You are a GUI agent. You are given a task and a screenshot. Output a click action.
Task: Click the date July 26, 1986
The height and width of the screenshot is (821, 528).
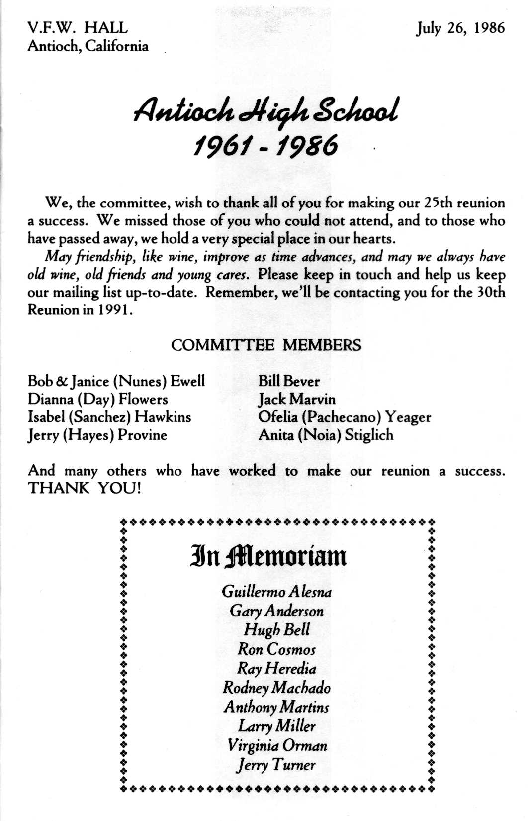coord(460,28)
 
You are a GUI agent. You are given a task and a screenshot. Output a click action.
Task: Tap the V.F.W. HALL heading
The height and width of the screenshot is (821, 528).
coord(78,27)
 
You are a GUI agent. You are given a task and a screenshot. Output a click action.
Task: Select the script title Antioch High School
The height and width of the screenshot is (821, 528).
coord(265,111)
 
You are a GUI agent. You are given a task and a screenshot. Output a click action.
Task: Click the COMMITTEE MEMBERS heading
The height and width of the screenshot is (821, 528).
coord(266,345)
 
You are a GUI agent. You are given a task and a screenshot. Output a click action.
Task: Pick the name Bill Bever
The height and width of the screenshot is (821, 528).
coord(289,382)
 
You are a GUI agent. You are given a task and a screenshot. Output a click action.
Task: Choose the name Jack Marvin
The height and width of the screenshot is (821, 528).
coord(297,399)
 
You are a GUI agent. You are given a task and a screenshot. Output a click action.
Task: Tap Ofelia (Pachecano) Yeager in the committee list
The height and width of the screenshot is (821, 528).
coord(345,417)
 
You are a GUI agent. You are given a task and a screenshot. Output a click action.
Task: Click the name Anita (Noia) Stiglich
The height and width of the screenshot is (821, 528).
coord(326,435)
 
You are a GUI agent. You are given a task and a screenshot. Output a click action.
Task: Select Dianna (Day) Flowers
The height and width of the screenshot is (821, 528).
coord(98,399)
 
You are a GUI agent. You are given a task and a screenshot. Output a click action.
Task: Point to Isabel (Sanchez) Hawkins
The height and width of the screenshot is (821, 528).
coord(109,417)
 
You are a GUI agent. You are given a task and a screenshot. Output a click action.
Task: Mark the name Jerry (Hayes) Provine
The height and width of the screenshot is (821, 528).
coord(97,435)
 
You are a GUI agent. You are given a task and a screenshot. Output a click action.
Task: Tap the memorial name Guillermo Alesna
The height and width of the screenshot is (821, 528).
coord(276,592)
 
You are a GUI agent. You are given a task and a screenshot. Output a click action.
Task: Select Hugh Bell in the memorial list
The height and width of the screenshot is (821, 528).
coord(276,630)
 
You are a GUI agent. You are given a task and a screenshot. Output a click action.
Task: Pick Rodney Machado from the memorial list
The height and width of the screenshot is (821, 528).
coord(276,688)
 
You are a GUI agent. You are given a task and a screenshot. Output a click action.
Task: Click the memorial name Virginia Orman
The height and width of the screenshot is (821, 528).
coord(277,745)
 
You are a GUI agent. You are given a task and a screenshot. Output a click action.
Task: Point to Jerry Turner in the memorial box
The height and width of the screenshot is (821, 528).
coord(276,764)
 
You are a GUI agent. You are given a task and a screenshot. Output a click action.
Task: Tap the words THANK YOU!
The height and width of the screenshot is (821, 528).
coord(85,488)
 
